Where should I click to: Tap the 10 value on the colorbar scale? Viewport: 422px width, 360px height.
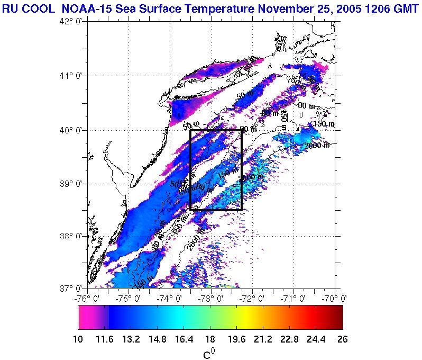click(x=78, y=339)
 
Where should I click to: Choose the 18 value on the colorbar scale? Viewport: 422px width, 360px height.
click(x=210, y=339)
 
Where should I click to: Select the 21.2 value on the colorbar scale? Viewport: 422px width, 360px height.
click(x=263, y=339)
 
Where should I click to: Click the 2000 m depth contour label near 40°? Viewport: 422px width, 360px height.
click(x=317, y=146)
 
